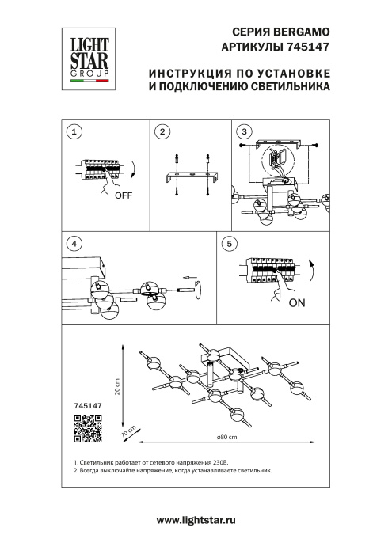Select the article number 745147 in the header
pos(307,47)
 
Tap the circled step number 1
pos(74,132)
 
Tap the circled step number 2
pos(162,132)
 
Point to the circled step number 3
pos(245,131)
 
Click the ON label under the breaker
pos(298,303)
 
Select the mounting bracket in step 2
pos(190,175)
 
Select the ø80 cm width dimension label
pos(227,438)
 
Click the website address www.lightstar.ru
pos(196,520)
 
